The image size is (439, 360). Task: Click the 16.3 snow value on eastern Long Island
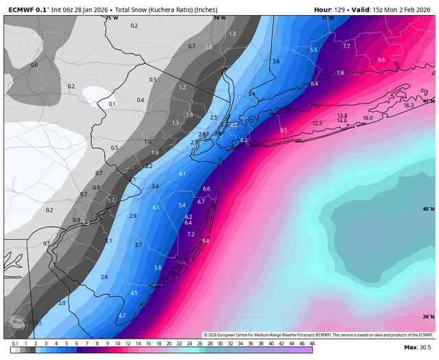click(409, 106)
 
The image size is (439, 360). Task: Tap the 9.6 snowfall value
click(382, 60)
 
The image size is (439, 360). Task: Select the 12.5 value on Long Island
click(317, 123)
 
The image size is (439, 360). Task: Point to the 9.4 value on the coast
click(205, 241)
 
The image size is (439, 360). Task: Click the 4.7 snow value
click(122, 315)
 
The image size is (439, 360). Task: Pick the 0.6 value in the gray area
click(34, 64)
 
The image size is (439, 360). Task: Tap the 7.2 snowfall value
click(191, 235)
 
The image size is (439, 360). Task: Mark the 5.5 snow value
click(313, 50)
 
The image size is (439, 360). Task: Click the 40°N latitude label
click(428, 209)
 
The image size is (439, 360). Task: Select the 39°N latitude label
click(428, 317)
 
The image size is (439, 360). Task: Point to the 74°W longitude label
click(219, 18)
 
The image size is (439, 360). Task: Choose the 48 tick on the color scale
click(312, 342)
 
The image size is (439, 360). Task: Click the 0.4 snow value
click(141, 100)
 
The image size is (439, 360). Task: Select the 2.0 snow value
click(62, 302)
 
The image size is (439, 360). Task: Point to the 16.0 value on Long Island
click(368, 118)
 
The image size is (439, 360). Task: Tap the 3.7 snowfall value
click(138, 245)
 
